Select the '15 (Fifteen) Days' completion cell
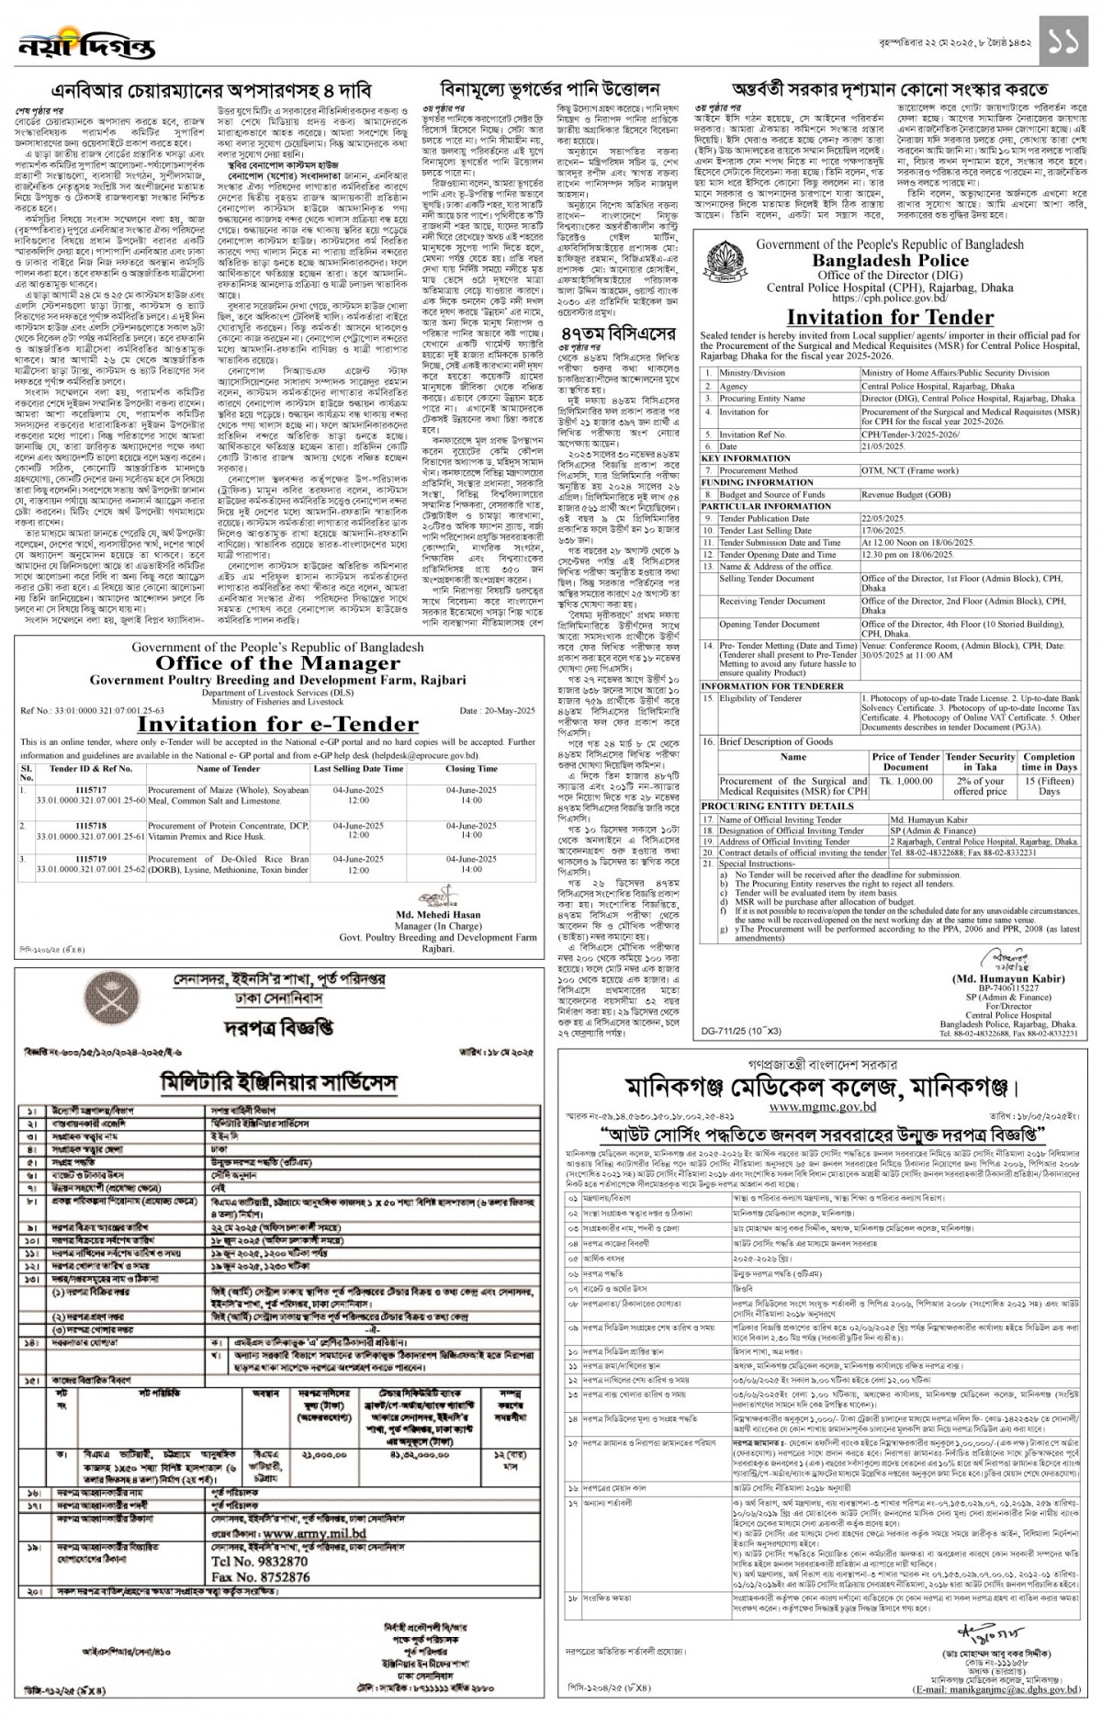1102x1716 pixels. (x=1049, y=785)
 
